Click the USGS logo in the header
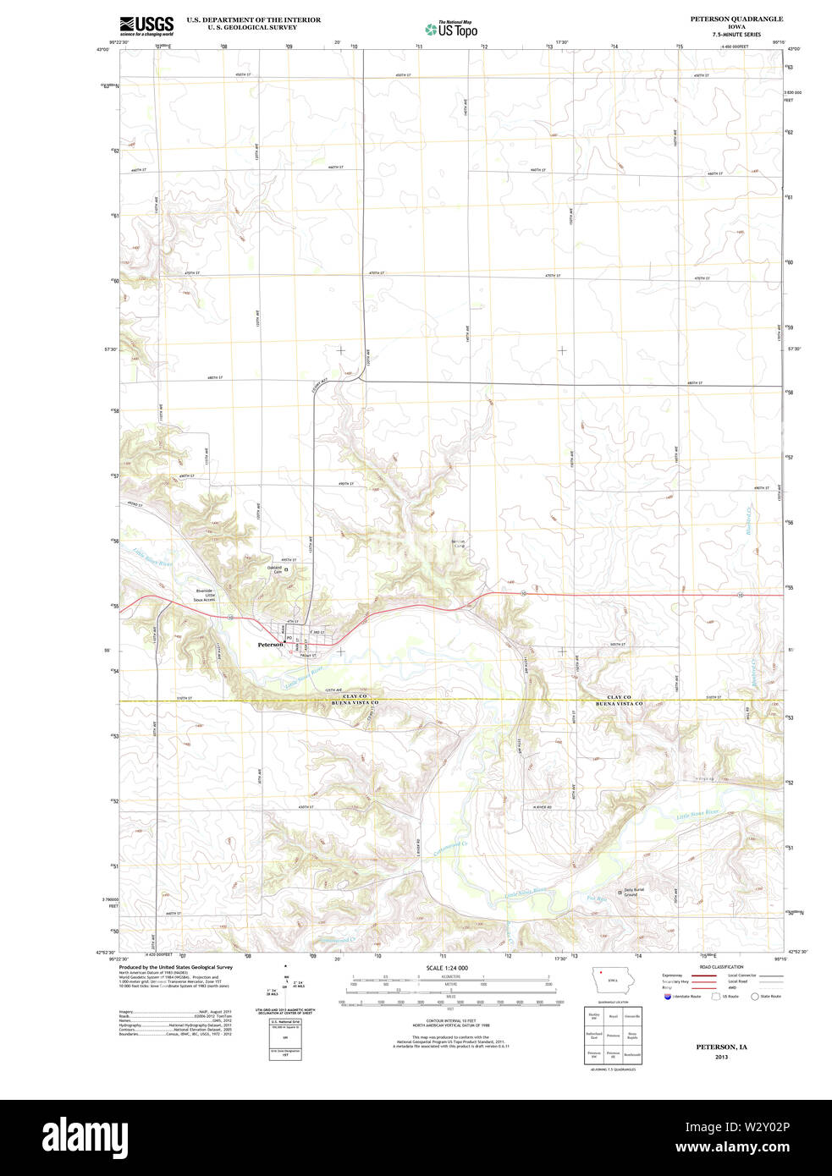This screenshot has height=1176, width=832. (146, 25)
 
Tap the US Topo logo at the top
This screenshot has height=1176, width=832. (451, 29)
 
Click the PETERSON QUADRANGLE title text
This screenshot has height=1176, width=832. (736, 19)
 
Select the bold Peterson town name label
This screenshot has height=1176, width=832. (270, 644)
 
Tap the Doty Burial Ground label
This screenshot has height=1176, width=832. (636, 892)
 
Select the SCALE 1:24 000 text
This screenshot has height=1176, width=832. (446, 968)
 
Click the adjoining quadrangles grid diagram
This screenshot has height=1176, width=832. (613, 1035)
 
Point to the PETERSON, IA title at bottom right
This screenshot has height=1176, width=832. (721, 1047)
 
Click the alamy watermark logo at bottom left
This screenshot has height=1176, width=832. (85, 1136)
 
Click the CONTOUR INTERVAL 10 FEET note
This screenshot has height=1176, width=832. (450, 1021)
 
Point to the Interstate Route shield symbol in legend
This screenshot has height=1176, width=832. (668, 997)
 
